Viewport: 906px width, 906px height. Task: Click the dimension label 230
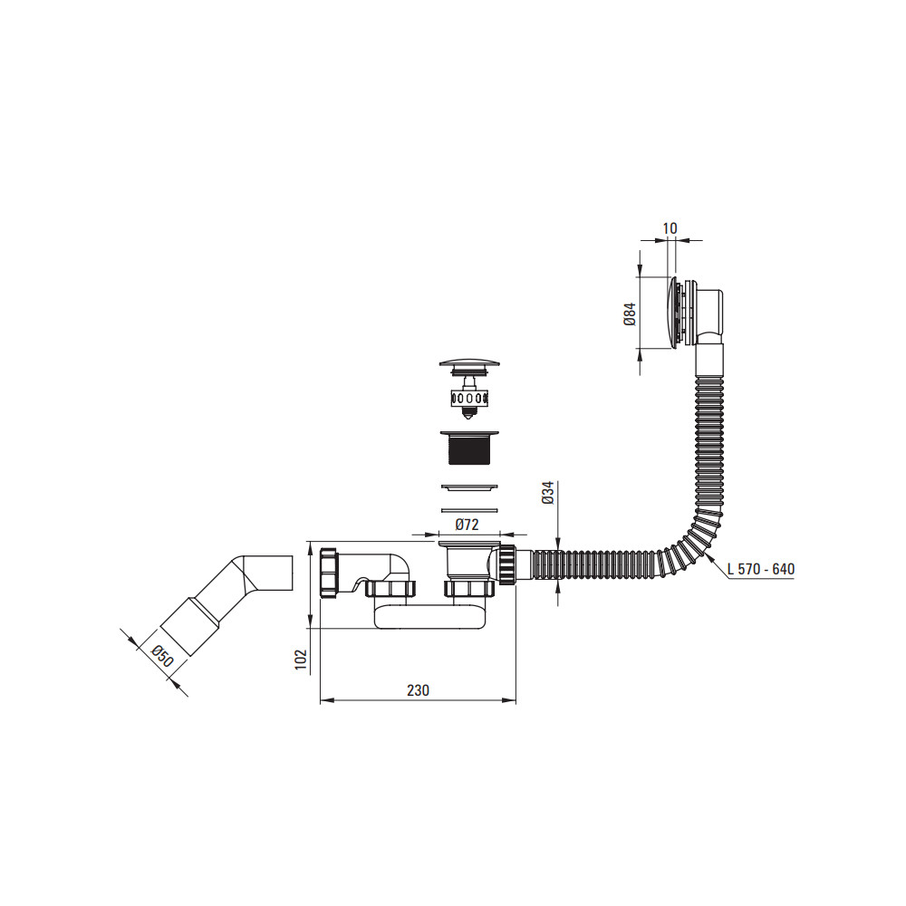pyautogui.click(x=418, y=689)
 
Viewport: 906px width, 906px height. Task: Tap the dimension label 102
pyautogui.click(x=301, y=660)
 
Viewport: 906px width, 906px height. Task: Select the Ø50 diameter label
pyautogui.click(x=162, y=657)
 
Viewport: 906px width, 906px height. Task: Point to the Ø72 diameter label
pyautogui.click(x=467, y=525)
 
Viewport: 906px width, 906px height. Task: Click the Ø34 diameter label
pyautogui.click(x=548, y=492)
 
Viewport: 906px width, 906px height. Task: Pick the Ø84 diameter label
pyautogui.click(x=630, y=313)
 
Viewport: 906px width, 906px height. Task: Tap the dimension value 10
pyautogui.click(x=670, y=228)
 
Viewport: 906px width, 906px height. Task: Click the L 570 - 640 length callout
pyautogui.click(x=761, y=569)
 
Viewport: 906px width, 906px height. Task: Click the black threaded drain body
pyautogui.click(x=469, y=448)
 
